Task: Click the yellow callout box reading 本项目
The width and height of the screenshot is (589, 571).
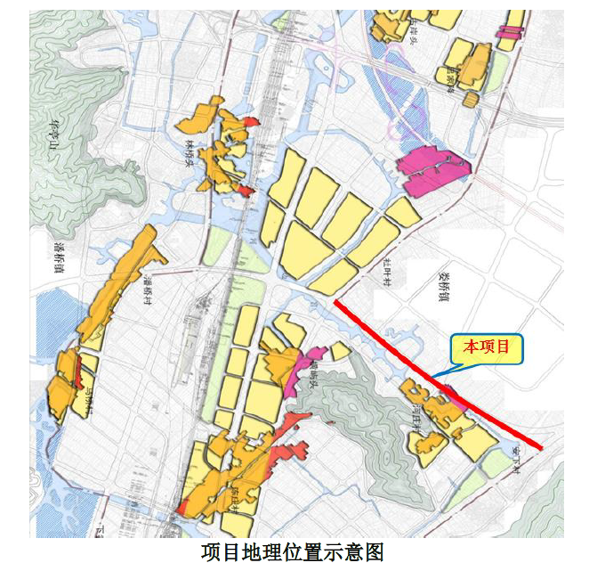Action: point(486,347)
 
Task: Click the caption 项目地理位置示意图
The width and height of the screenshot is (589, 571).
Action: point(293,552)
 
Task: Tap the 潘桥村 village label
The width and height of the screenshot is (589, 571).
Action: point(148,289)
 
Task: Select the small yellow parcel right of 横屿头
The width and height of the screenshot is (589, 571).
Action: point(339,351)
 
